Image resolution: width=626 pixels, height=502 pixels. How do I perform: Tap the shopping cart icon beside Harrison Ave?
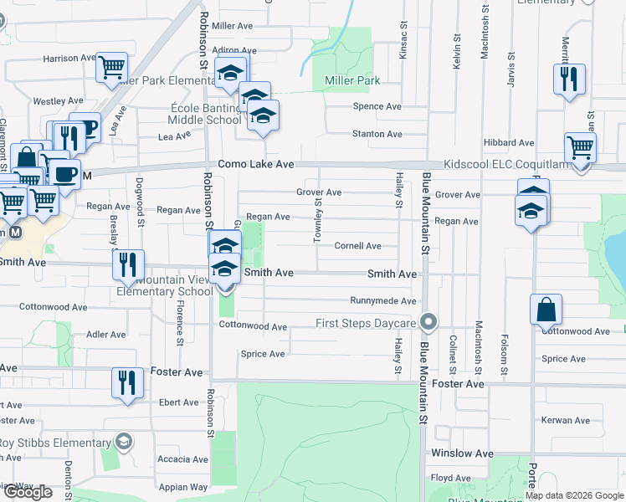coord(111,67)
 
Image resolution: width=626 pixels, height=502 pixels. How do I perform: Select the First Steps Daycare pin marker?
coord(429,322)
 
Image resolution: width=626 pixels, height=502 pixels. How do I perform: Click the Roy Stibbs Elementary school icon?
coord(124,441)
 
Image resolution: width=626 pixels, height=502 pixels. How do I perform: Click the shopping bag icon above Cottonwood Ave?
coord(546,309)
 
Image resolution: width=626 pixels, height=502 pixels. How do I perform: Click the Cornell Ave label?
coord(357,246)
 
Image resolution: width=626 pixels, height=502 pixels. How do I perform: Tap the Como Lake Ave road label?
coord(256,165)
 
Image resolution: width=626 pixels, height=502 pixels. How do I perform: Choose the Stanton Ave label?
coord(377,134)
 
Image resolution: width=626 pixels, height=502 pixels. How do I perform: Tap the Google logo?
coord(28,492)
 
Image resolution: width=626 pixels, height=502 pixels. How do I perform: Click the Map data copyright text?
coord(574,495)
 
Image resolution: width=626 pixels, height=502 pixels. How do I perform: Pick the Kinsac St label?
coord(403,38)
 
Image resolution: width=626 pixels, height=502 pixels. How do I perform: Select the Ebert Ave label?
coord(179,402)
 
